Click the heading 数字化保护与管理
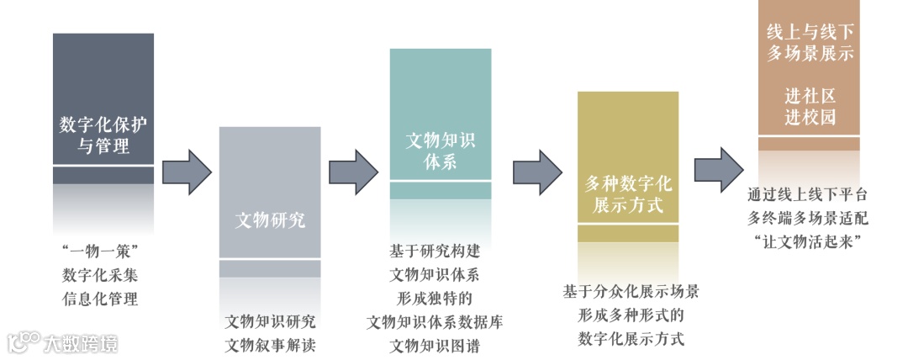103,135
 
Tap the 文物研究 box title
270,221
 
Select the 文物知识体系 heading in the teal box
441,151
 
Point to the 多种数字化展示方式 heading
628,193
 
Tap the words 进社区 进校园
810,105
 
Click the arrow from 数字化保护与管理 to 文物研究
186,172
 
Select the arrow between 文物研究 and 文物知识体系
354,172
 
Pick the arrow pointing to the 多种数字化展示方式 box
537,172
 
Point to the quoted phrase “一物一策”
100,251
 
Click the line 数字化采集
100,274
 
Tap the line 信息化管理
100,298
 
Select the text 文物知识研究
270,321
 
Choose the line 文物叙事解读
270,344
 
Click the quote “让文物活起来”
807,241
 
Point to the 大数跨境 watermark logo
62,343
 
